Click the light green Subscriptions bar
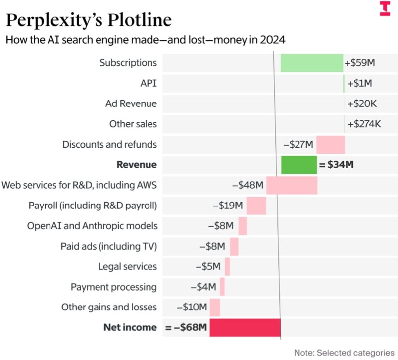click(x=312, y=63)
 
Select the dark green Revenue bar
click(x=299, y=165)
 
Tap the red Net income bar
click(x=245, y=327)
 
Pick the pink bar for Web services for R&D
click(x=292, y=185)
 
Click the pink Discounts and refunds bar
click(x=330, y=145)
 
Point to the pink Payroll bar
click(x=256, y=206)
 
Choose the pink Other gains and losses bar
click(x=215, y=307)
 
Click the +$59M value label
click(x=360, y=63)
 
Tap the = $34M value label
click(x=337, y=165)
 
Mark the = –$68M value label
click(x=187, y=327)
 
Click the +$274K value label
click(x=364, y=124)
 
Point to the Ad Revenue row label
click(x=131, y=103)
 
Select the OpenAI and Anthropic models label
click(x=93, y=226)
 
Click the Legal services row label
click(x=128, y=266)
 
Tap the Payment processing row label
click(x=114, y=287)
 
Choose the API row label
click(x=149, y=83)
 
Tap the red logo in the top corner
click(x=385, y=9)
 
